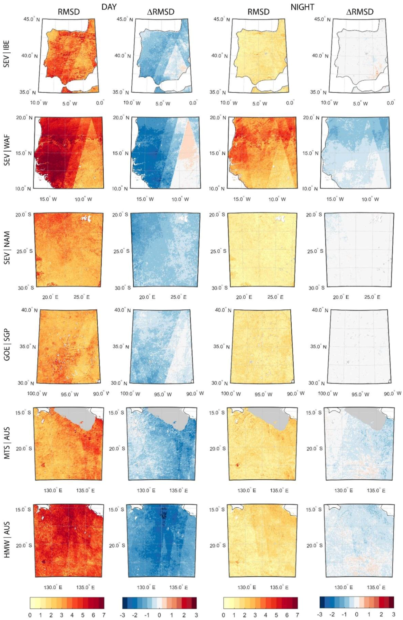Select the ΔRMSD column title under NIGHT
[x=360, y=11]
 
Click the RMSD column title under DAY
[x=69, y=11]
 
